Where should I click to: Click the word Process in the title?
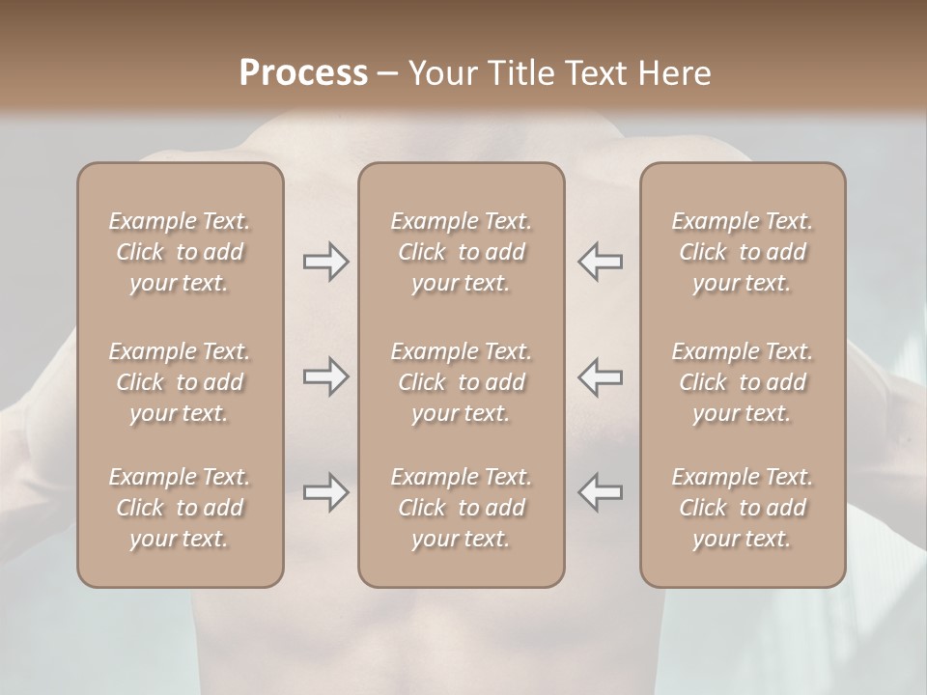(x=303, y=73)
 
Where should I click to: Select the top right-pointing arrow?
(x=325, y=262)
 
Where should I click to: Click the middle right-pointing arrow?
(x=325, y=376)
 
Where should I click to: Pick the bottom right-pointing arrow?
(x=325, y=492)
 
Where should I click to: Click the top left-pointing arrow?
(x=601, y=262)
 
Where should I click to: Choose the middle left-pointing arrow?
(x=601, y=376)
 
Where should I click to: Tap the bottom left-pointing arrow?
(x=601, y=492)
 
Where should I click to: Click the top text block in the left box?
(x=180, y=252)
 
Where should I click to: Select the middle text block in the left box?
(x=180, y=382)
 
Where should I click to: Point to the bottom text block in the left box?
(x=180, y=508)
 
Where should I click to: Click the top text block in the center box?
(x=461, y=252)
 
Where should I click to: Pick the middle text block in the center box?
(x=461, y=382)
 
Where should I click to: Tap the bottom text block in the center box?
(x=461, y=508)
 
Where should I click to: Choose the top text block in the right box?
(x=743, y=252)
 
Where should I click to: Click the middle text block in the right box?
(x=743, y=382)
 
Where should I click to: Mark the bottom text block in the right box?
(x=743, y=508)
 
